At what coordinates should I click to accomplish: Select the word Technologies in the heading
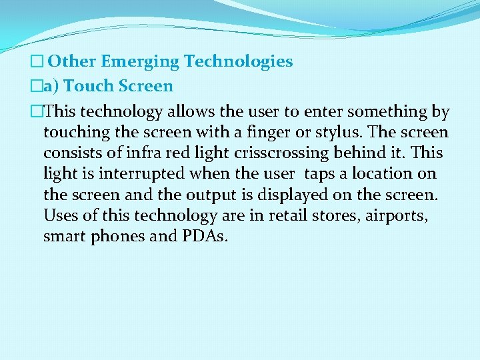coord(238,62)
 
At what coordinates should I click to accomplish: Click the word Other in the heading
coord(73,62)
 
